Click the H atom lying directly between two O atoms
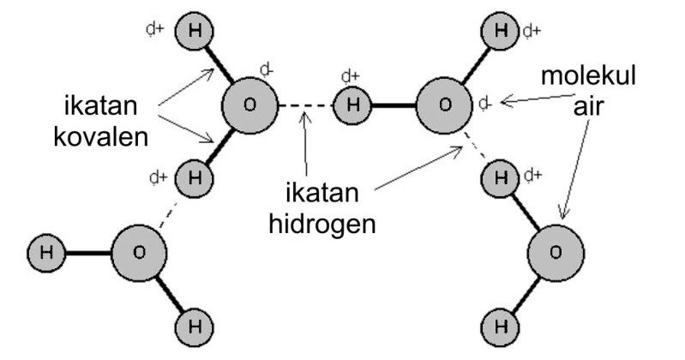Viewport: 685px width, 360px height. point(350,106)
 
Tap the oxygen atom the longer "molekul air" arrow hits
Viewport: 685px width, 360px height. point(555,251)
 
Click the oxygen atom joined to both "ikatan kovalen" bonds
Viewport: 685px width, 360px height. point(249,105)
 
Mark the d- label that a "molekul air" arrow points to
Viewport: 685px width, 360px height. point(484,104)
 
